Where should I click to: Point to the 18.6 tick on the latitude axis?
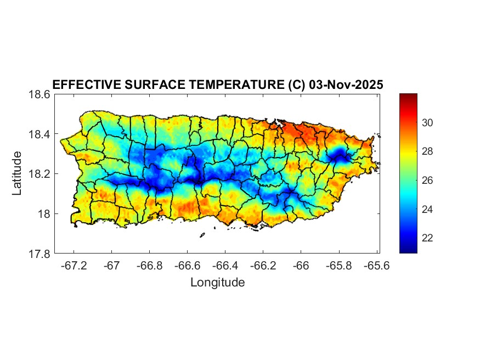pyautogui.click(x=39, y=94)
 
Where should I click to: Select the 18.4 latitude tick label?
pyautogui.click(x=39, y=134)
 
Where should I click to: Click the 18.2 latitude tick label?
pyautogui.click(x=39, y=175)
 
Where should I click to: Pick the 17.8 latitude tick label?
pyautogui.click(x=39, y=254)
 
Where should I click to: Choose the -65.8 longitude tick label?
pyautogui.click(x=338, y=266)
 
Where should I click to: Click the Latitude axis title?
pyautogui.click(x=17, y=173)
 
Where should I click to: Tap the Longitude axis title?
pyautogui.click(x=217, y=283)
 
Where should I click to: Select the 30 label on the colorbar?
pyautogui.click(x=428, y=122)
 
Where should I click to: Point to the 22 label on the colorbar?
pyautogui.click(x=428, y=238)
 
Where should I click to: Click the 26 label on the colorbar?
pyautogui.click(x=428, y=181)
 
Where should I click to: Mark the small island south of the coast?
pyautogui.click(x=202, y=235)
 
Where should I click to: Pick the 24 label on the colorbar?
pyautogui.click(x=428, y=209)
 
